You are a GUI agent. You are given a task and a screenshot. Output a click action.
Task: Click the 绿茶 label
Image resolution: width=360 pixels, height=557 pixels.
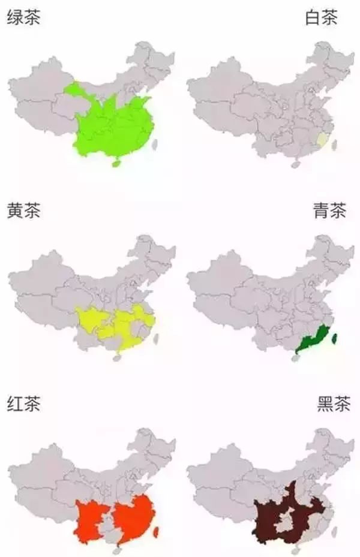pyautogui.click(x=23, y=18)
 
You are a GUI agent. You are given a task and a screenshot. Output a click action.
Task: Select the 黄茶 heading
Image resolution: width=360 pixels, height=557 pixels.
pyautogui.click(x=23, y=212)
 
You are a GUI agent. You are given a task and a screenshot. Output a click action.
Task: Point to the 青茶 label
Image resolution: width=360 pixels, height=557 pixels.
pyautogui.click(x=329, y=212)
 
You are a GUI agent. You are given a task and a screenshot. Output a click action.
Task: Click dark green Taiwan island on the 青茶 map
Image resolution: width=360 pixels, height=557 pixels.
pyautogui.click(x=335, y=338)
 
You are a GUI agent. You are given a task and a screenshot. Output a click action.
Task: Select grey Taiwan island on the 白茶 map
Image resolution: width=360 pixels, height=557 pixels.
pyautogui.click(x=334, y=144)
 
